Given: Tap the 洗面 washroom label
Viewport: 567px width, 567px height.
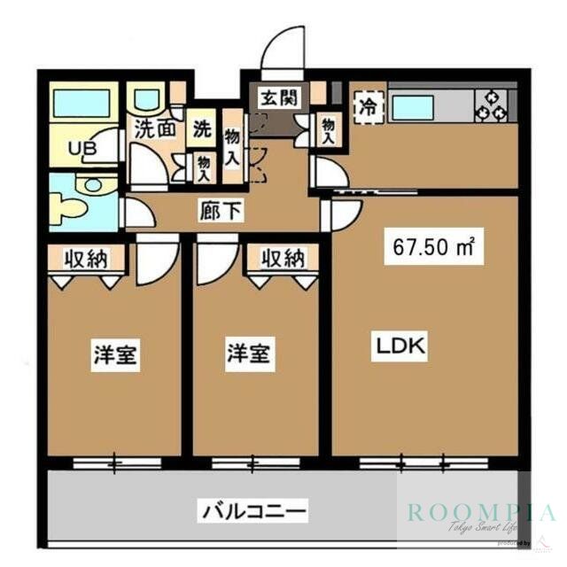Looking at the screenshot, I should pyautogui.click(x=154, y=128).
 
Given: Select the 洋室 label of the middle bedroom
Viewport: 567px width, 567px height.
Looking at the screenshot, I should pyautogui.click(x=247, y=353).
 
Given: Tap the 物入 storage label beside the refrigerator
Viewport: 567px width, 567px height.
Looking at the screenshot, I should pyautogui.click(x=328, y=129).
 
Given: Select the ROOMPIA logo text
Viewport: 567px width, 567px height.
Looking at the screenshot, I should pyautogui.click(x=481, y=512).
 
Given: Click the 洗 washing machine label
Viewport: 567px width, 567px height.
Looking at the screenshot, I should pyautogui.click(x=203, y=128).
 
